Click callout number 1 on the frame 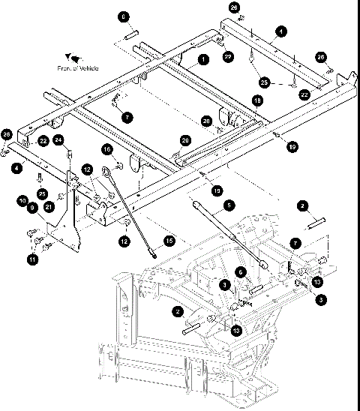click(x=202, y=58)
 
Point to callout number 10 click(x=22, y=200)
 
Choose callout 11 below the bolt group click(x=31, y=259)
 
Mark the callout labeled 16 click(x=106, y=150)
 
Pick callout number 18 click(x=257, y=100)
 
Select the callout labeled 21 click(x=49, y=206)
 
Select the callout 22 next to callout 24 click(x=43, y=141)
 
